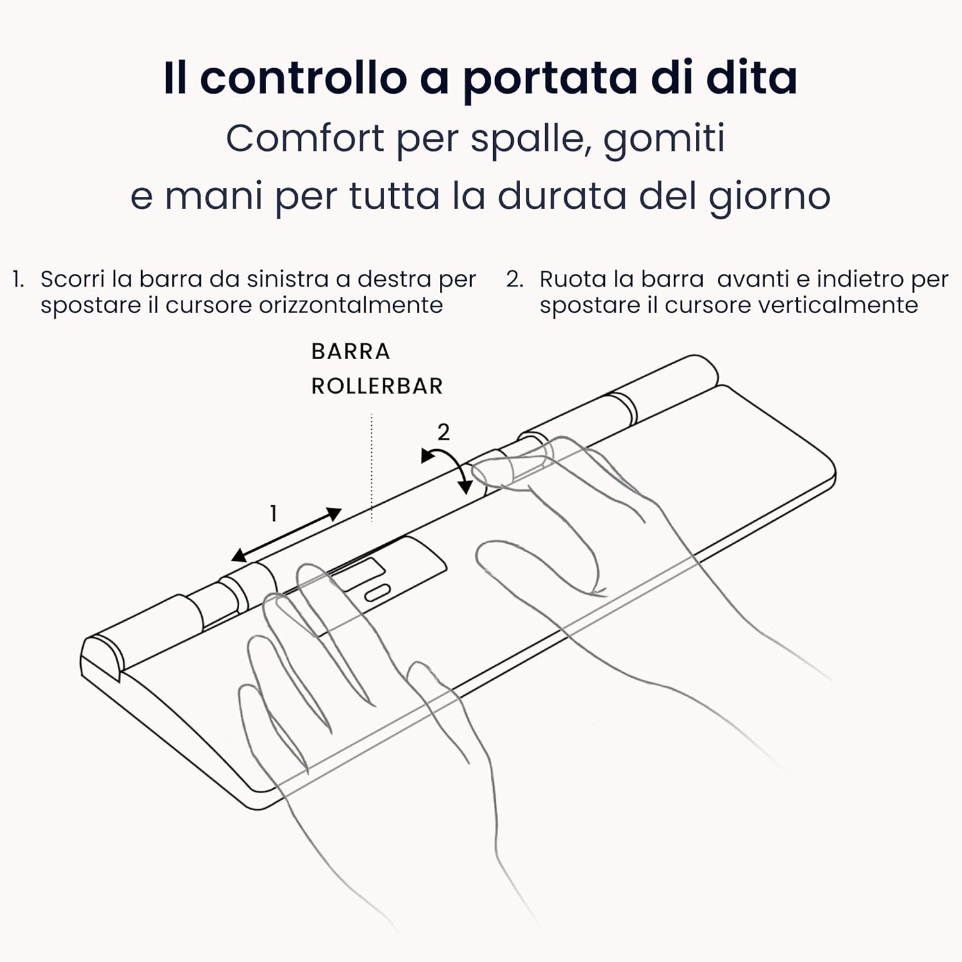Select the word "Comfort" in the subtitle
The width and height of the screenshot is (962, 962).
click(304, 139)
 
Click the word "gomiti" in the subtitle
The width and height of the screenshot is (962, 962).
click(664, 140)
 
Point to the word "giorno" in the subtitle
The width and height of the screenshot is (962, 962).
click(770, 196)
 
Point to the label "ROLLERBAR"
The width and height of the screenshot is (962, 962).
click(376, 386)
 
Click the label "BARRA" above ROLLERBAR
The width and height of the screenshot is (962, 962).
click(350, 351)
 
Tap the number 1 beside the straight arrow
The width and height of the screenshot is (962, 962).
click(273, 514)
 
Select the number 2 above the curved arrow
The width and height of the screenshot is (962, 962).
click(443, 432)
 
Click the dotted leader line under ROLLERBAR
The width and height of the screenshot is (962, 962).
click(371, 468)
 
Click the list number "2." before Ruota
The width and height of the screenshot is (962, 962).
click(515, 279)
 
